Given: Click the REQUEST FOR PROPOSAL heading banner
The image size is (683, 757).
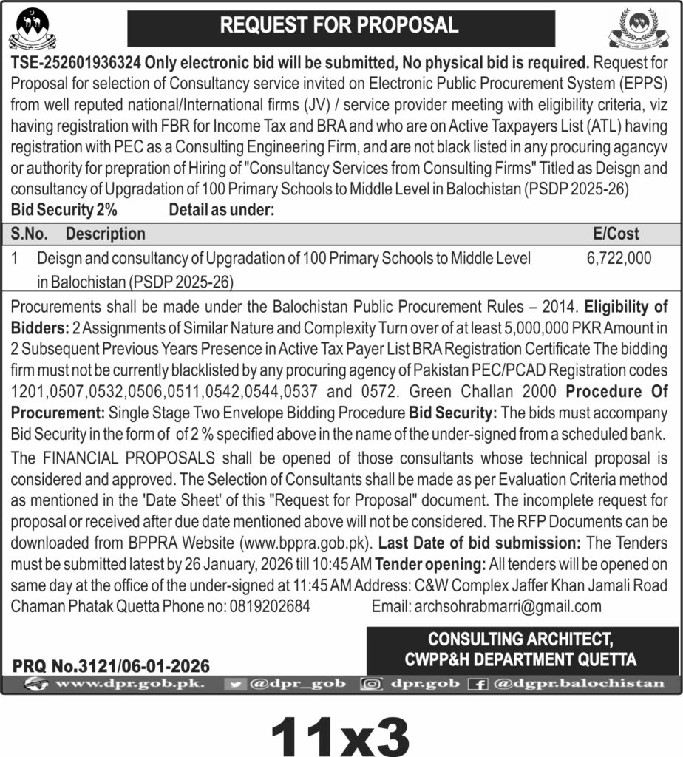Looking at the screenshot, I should (341, 26).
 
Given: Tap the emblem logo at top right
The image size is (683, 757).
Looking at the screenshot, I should (642, 27).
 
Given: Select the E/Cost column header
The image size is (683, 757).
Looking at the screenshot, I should (616, 234).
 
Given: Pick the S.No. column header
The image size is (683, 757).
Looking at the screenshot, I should (30, 234).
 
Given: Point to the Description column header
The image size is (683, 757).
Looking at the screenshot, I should (106, 234).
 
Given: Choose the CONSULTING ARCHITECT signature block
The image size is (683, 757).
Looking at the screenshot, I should (522, 648).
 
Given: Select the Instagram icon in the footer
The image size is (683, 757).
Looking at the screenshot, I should (370, 685).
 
